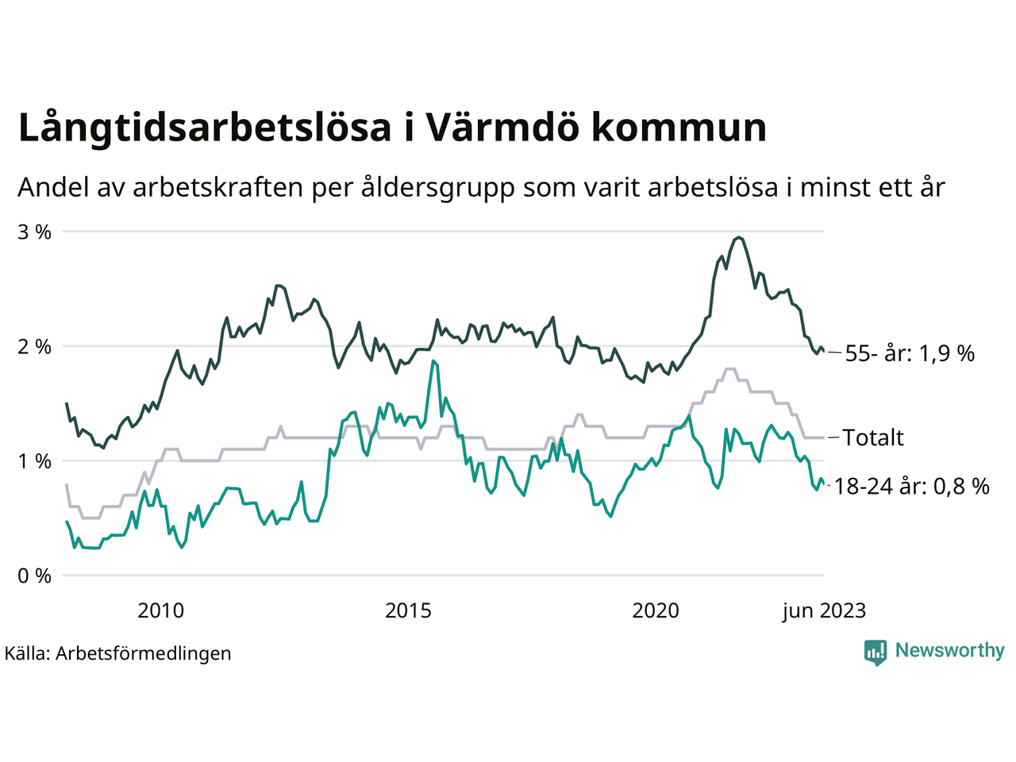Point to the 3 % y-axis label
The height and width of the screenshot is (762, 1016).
(35, 233)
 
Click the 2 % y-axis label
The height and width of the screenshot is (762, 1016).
(35, 347)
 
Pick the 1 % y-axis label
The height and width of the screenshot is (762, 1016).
(35, 461)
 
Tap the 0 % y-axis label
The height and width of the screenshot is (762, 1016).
(35, 575)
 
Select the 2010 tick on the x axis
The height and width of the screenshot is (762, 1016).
(160, 610)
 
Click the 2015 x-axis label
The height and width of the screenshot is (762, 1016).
(408, 610)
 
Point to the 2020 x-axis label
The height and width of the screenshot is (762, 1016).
(656, 610)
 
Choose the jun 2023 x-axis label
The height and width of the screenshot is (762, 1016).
(824, 610)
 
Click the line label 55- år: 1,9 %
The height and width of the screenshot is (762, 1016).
(910, 354)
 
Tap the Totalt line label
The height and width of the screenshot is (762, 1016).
(873, 437)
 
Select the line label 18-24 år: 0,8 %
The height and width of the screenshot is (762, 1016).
(912, 487)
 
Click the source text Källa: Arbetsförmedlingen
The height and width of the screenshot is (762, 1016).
(118, 653)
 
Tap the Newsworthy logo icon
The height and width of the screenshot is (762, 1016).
(876, 652)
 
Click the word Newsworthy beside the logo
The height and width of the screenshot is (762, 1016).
(950, 651)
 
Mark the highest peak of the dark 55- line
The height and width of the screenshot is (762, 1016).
(739, 237)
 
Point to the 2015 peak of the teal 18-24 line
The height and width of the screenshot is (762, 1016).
(433, 361)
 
